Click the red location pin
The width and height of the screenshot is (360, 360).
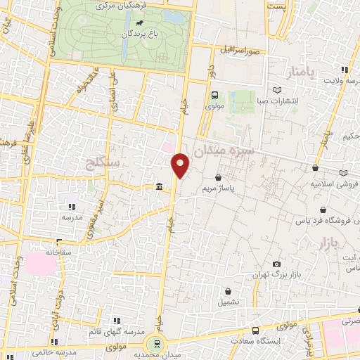pos(181,165)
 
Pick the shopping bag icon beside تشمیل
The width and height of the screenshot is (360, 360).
pos(229,290)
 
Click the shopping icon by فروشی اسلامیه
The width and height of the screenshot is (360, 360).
pos(315,168)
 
